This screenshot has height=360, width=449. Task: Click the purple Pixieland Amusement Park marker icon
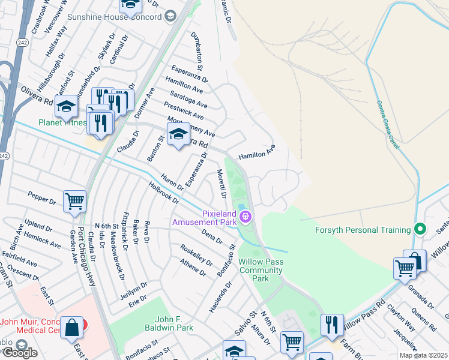[x=247, y=217]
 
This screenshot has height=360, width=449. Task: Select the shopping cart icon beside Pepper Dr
[x=74, y=202]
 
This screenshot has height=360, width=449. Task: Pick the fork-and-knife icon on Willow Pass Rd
[x=332, y=325]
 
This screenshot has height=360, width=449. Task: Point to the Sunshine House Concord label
[x=114, y=17]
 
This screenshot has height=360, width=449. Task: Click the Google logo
[x=19, y=353]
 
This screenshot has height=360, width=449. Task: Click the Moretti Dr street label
[x=221, y=184]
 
